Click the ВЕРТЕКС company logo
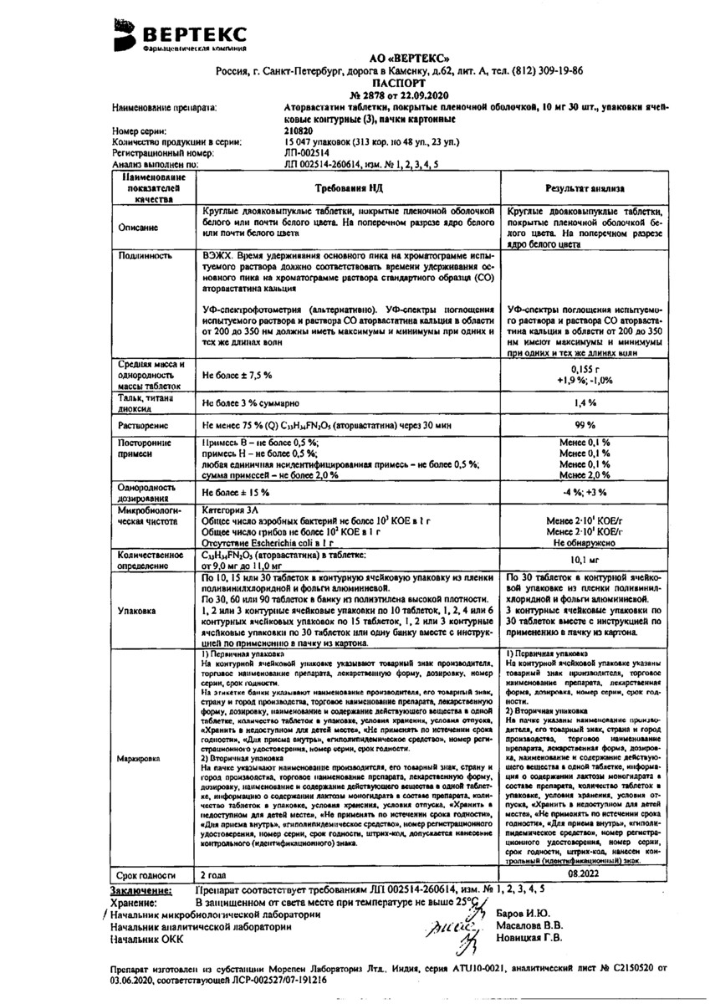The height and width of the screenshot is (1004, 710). pyautogui.click(x=181, y=36)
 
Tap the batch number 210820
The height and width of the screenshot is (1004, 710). pyautogui.click(x=302, y=131)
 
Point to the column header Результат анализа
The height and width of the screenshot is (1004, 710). pyautogui.click(x=585, y=190)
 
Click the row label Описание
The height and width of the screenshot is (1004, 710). pyautogui.click(x=146, y=228)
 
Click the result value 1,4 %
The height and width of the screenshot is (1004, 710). pyautogui.click(x=585, y=402)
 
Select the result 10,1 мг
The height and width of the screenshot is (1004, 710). pyautogui.click(x=585, y=561)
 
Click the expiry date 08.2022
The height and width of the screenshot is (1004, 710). pyautogui.click(x=585, y=872)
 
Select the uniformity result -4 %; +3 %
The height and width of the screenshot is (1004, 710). pyautogui.click(x=585, y=490)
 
